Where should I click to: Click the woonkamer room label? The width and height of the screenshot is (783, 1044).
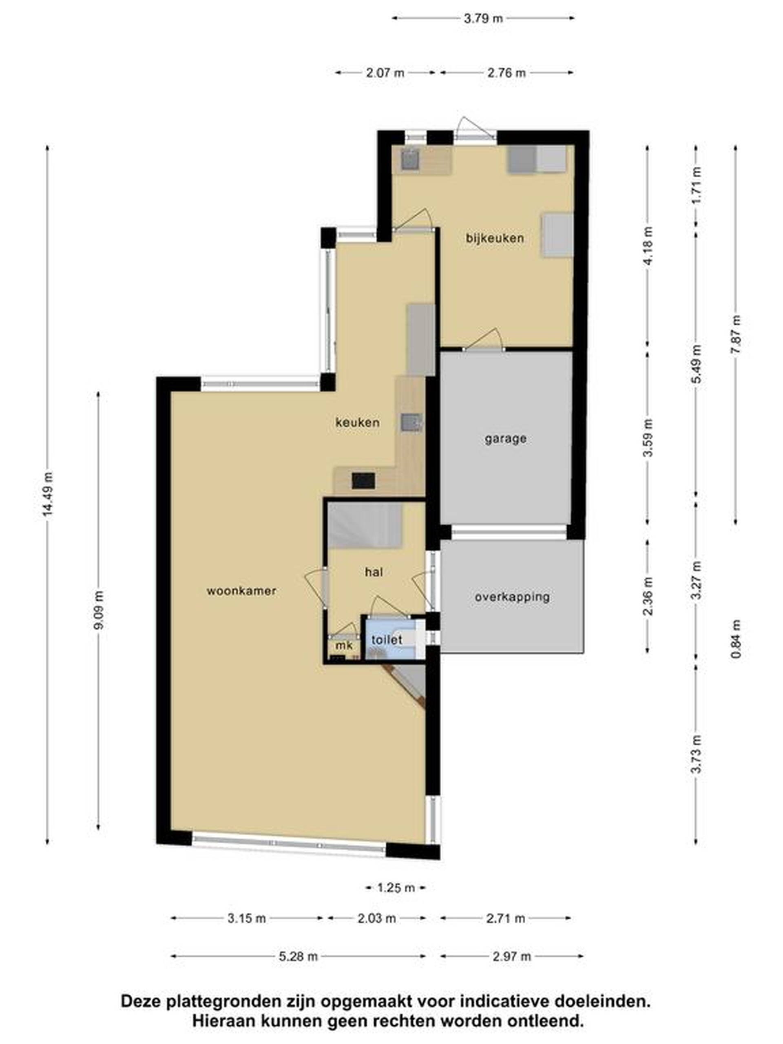coord(241,591)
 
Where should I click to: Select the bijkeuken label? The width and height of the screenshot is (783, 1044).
coord(495,238)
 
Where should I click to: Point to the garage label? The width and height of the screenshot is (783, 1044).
coord(505,439)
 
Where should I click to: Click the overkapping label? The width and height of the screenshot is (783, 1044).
coord(512,597)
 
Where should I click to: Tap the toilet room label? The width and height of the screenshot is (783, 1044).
coord(387,640)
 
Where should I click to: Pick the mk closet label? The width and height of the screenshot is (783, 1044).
coord(344,645)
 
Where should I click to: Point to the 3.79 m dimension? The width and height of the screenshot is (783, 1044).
coord(483,18)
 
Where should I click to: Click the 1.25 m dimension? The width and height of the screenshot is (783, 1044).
coord(396,888)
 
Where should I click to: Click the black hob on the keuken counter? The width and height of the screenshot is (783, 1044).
coord(363,481)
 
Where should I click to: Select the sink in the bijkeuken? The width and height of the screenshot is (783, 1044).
coord(410,159)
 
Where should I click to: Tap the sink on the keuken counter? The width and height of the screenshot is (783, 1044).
coord(411,422)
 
